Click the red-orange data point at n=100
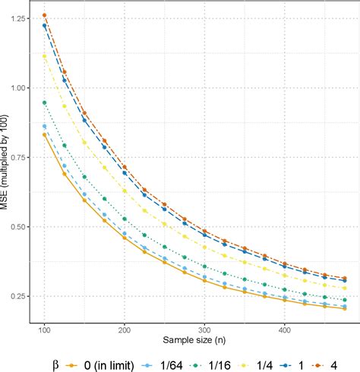point(45,15)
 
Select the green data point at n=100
point(45,102)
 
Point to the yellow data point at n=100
point(45,55)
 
